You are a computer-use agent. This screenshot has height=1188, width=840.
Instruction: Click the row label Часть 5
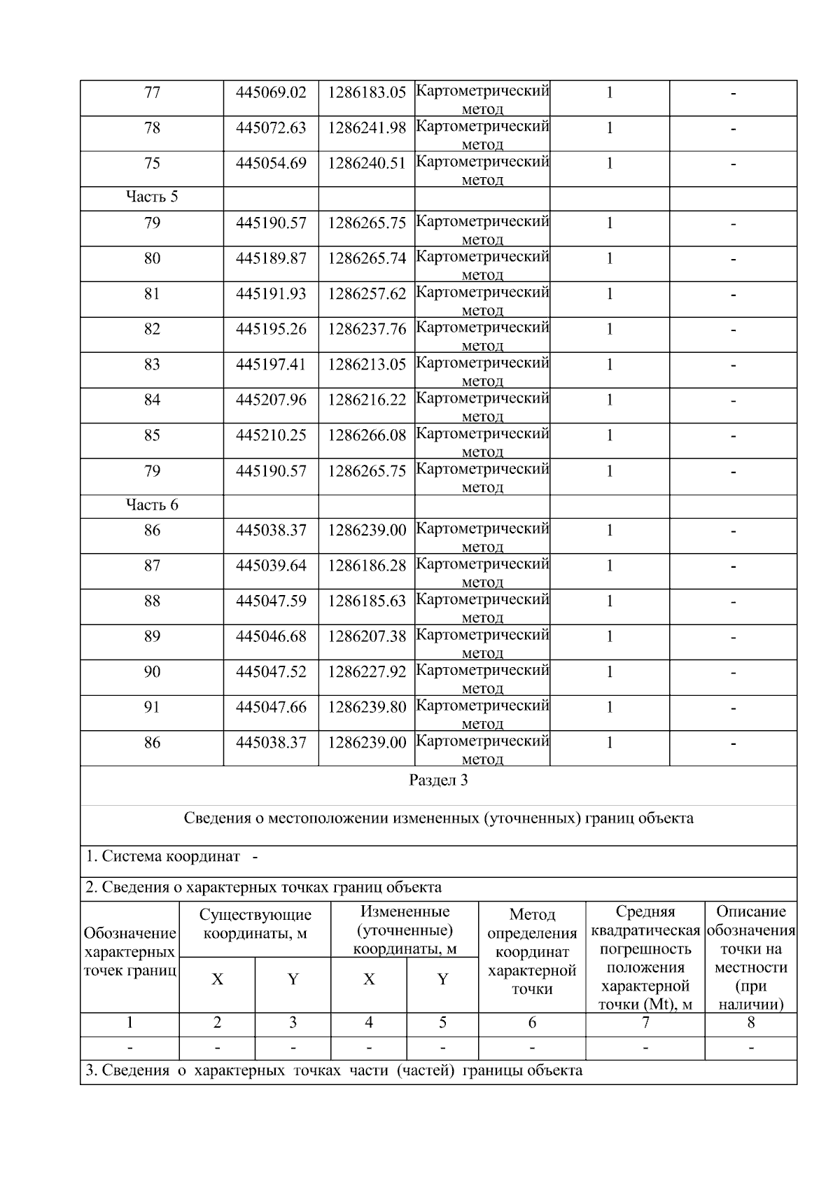(152, 197)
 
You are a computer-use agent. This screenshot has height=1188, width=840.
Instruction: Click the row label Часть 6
(152, 505)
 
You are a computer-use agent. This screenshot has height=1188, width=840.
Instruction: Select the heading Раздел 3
(438, 781)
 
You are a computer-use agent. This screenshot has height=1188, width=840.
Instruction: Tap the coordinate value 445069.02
(271, 93)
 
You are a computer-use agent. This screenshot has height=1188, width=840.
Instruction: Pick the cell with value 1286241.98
(367, 128)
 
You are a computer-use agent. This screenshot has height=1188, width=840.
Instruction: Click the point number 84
(152, 400)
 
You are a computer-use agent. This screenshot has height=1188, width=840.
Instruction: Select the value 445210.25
(271, 435)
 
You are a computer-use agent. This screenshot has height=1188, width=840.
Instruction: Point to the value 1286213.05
(367, 365)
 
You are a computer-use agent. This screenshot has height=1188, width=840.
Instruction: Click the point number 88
(152, 601)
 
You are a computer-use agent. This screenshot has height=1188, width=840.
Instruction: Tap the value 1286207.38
(367, 636)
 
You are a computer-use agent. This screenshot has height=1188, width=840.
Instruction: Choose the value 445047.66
(271, 708)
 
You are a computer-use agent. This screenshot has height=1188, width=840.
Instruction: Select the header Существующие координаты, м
(255, 924)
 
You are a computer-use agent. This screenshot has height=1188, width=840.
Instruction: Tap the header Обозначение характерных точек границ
(129, 952)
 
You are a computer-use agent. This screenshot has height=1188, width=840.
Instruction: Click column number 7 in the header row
(645, 1023)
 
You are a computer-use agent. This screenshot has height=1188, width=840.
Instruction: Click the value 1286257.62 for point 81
(367, 294)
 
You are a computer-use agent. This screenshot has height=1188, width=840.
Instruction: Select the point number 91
(152, 708)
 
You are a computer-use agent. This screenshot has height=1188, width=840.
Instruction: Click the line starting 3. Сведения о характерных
(333, 1071)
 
